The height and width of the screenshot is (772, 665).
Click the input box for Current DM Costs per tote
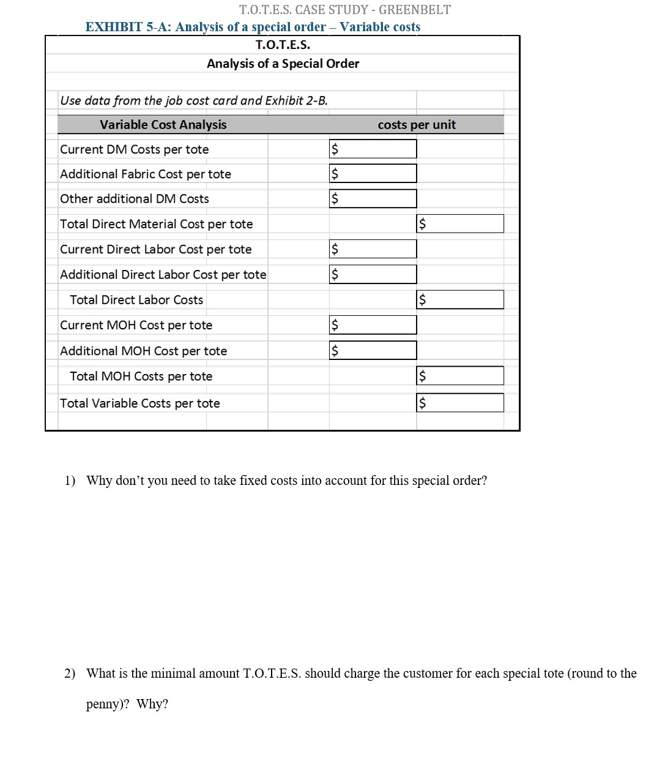coord(373,149)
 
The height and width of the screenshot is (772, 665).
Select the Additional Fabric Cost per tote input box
coord(373,174)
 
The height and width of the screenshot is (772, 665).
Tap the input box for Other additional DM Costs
coord(373,198)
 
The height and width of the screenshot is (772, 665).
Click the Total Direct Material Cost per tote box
coord(460,223)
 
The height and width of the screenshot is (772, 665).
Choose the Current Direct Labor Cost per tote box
coord(373,249)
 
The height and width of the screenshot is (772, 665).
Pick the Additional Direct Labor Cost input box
coord(373,274)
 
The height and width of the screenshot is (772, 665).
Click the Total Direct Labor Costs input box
coord(460,299)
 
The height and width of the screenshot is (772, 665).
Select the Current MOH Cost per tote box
coord(373,325)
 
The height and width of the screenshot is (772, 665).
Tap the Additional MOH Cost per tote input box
coord(373,350)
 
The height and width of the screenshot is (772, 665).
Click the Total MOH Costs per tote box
coord(460,376)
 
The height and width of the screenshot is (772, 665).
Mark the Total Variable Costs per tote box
coord(460,403)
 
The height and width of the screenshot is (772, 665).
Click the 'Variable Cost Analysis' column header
coord(163,125)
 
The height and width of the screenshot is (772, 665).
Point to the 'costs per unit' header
coord(417,125)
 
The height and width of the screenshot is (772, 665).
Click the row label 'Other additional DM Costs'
coord(135,199)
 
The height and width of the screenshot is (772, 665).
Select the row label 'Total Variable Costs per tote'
coord(140,403)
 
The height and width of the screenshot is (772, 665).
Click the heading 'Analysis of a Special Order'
coord(283,64)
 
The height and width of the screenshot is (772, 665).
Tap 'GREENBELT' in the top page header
coord(414,10)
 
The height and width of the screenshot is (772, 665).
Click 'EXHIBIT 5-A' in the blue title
coord(127,27)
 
